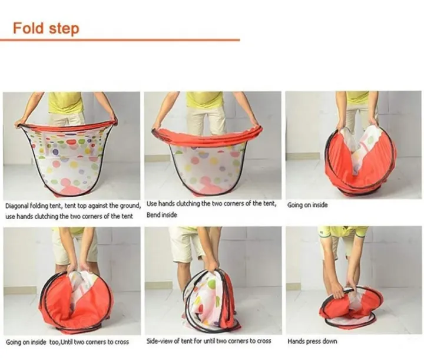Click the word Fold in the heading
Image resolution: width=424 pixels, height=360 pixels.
tap(28, 28)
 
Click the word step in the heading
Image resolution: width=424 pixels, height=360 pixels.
tap(64, 29)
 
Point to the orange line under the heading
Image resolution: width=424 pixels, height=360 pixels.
tap(120, 40)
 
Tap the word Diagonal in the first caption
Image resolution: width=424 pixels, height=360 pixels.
tap(16, 206)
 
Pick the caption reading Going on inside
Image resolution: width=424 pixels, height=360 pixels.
tap(307, 205)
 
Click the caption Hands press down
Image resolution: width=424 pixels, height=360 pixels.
tap(312, 341)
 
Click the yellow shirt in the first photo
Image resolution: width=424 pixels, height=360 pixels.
tap(66, 103)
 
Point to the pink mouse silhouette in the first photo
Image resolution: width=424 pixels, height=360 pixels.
tap(68, 186)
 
